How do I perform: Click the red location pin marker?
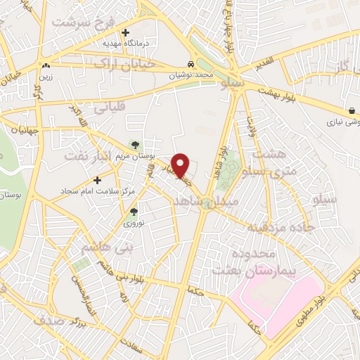click(x=181, y=164)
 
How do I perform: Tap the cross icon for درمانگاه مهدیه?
click(x=125, y=32)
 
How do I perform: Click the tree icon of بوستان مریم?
click(x=135, y=145)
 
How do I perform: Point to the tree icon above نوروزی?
click(x=134, y=211)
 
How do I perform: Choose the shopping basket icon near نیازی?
click(x=351, y=110)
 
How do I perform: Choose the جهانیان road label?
click(x=19, y=129)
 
